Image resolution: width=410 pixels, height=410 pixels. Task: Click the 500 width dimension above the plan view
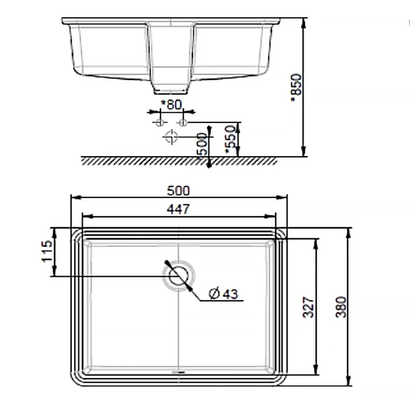click(x=178, y=191)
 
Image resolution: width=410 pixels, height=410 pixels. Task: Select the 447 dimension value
click(x=178, y=209)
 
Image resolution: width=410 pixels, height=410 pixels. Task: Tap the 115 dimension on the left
click(x=47, y=251)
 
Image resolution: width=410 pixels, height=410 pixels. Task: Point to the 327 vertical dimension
click(x=309, y=307)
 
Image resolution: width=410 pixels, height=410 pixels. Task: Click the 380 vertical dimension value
click(x=341, y=307)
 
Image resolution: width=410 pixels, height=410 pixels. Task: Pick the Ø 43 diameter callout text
click(x=223, y=294)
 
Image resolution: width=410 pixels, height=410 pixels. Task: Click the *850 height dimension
click(x=297, y=88)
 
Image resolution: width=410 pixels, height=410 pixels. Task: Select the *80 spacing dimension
click(x=172, y=105)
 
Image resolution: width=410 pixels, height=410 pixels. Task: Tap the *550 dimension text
click(x=231, y=139)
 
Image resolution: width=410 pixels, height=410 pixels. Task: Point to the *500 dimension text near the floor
click(x=202, y=147)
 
